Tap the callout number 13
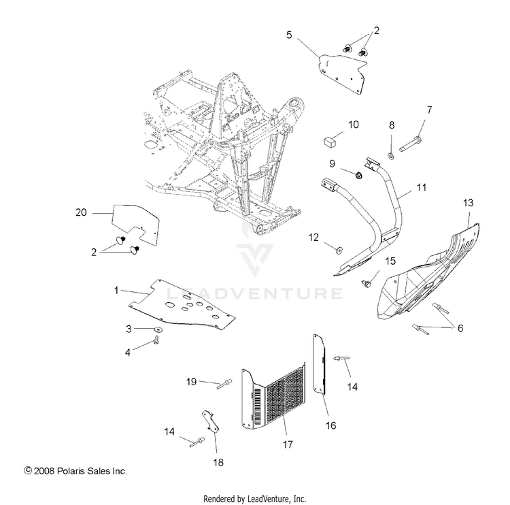(468, 203)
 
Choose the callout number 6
(460, 327)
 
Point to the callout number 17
(288, 444)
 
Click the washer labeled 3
(158, 330)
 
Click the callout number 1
(116, 290)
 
